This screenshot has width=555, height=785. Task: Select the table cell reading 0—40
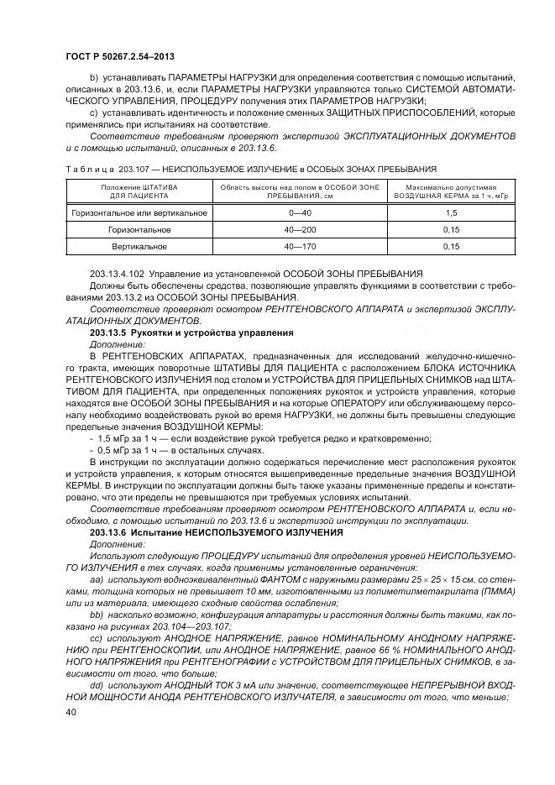pos(299,213)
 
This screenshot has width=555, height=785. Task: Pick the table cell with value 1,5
pos(451,213)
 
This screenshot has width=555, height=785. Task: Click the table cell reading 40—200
pos(299,230)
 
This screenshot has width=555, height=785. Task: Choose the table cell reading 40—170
pos(299,247)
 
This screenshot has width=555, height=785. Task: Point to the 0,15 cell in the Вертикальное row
pos(451,247)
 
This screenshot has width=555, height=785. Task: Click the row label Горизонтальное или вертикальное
pos(139,213)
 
